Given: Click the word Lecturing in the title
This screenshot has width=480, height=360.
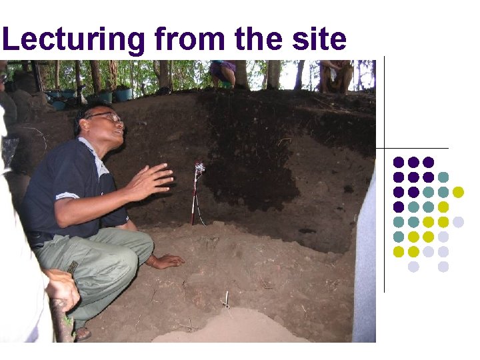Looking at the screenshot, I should (73, 40).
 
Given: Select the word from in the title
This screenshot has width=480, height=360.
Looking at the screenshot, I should (191, 40).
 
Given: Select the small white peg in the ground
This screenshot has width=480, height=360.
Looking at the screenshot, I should (227, 299).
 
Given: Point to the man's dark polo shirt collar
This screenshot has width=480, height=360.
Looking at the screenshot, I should (93, 148).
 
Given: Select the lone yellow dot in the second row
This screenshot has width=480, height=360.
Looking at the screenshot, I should (458, 192).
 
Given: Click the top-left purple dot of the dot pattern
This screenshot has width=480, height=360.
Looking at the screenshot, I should (399, 162).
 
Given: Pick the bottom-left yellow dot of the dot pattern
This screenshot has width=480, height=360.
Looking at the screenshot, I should (399, 251).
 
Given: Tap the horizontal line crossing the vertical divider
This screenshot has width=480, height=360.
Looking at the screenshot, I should (413, 147).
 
